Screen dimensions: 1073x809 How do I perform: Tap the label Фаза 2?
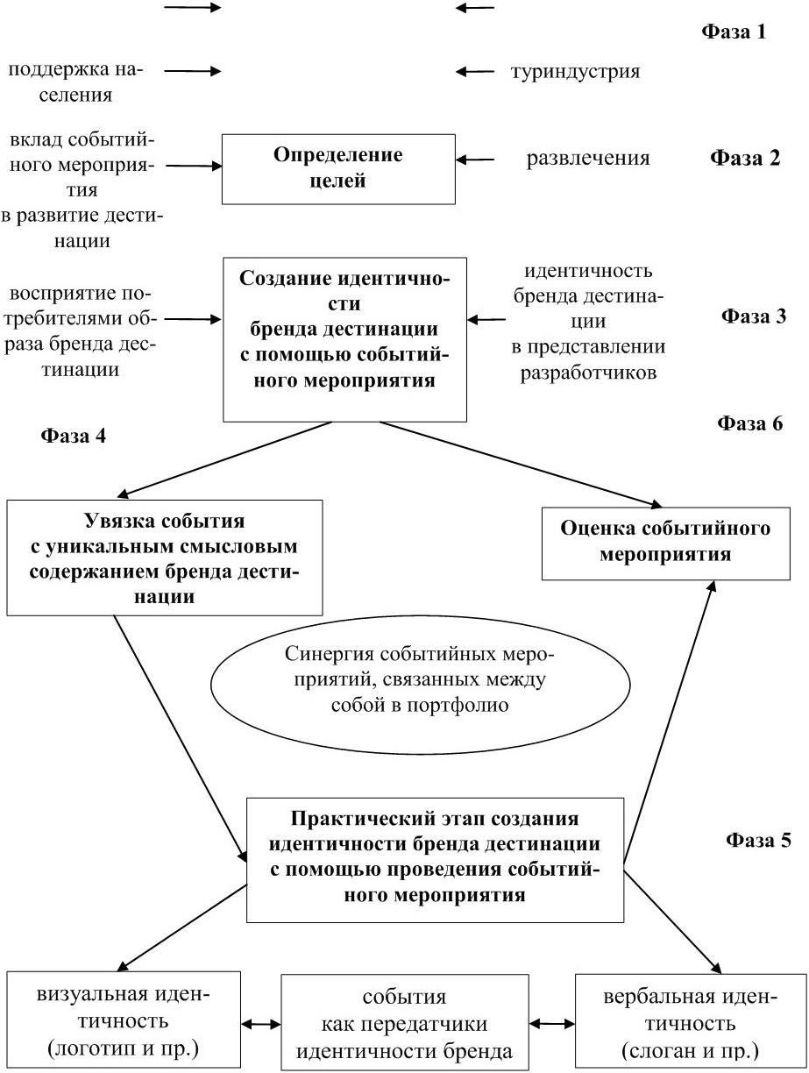(x=744, y=160)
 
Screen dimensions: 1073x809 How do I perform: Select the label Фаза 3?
(x=754, y=316)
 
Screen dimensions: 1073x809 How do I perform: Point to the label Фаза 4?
(x=74, y=436)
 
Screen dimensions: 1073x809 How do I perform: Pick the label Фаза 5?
(x=758, y=840)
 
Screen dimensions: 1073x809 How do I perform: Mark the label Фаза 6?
(x=749, y=423)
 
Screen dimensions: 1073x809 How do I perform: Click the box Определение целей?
(x=338, y=168)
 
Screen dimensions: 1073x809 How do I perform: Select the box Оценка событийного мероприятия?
(x=665, y=542)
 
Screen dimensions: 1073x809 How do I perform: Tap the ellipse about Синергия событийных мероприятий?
(x=420, y=680)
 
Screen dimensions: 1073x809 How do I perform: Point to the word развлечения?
(x=588, y=159)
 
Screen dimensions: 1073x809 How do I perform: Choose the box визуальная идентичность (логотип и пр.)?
(x=124, y=1022)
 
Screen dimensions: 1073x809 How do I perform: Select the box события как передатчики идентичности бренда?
(x=404, y=1024)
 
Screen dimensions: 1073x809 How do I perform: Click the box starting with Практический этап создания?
(x=435, y=857)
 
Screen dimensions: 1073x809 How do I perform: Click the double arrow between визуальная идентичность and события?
(x=260, y=1023)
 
